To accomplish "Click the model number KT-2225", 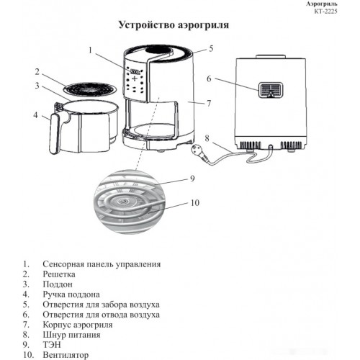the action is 325,11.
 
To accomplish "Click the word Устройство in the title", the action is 146,25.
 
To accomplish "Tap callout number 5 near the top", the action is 211,48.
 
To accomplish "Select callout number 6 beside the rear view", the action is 209,78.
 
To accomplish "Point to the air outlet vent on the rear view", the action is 271,90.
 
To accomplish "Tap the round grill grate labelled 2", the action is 91,89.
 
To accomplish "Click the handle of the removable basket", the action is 54,133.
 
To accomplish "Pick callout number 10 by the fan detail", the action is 195,203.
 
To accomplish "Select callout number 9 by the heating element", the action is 192,179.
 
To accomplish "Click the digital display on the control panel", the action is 135,71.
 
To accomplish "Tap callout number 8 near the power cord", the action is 207,138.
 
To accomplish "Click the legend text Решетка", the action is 59,274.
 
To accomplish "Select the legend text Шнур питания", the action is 71,335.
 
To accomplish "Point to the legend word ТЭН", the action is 52,345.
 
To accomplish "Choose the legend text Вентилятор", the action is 66,355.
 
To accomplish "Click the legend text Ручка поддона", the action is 71,294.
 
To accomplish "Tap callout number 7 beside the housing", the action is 209,103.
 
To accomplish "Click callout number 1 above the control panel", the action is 90,50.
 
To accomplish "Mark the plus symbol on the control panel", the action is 135,78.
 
